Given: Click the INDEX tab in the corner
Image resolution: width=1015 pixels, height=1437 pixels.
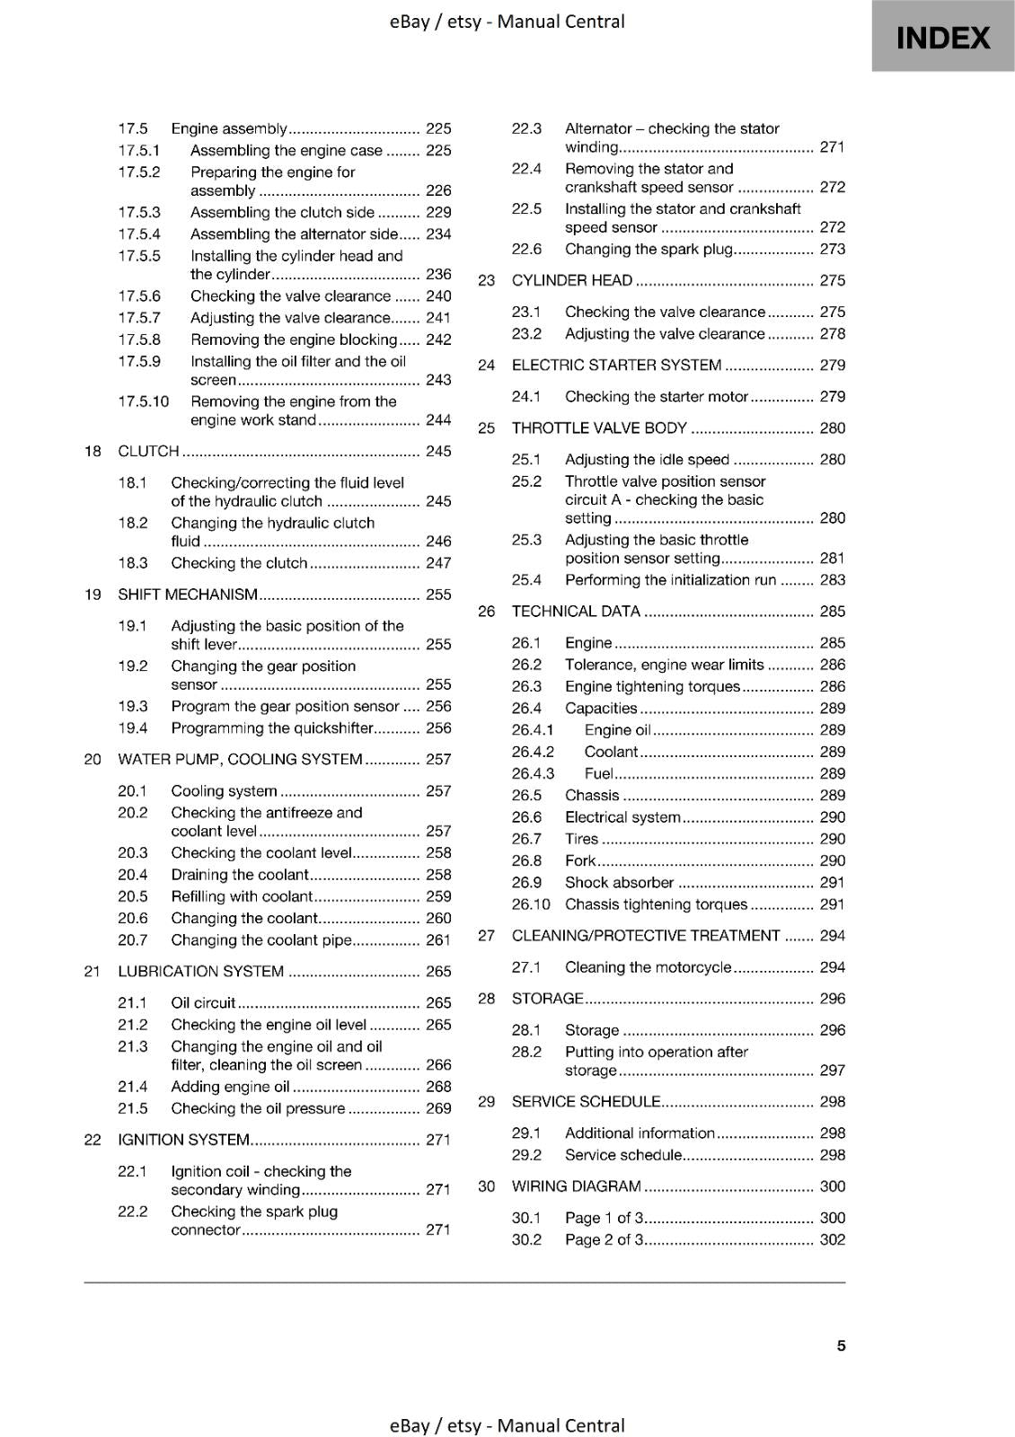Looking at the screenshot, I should pos(943,38).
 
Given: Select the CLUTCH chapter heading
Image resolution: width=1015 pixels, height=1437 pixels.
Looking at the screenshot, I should pos(149,451).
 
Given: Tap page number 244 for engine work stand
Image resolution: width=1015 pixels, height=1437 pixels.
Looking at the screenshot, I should pos(438,419).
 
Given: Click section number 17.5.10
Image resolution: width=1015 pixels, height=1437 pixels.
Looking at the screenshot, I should pos(144,401).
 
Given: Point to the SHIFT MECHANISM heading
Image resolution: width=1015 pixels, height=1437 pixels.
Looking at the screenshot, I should pos(188,595).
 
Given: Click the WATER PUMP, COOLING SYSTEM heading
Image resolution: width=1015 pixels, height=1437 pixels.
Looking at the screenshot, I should pos(240,760).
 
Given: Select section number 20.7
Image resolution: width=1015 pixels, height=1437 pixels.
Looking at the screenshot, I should pos(133,940).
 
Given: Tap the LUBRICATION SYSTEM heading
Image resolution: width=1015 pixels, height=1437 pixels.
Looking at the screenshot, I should pos(201,972).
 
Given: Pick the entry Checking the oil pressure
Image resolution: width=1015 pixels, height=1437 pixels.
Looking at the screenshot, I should pos(258,1108).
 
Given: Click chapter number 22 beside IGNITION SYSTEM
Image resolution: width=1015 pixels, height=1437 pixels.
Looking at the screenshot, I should pos(93,1140).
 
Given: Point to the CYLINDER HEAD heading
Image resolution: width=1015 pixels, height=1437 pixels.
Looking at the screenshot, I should pos(572,280).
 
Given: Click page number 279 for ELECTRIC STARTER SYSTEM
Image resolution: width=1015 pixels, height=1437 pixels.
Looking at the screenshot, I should pos(833,366).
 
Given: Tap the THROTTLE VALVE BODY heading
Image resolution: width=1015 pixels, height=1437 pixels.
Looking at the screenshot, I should pos(599,428).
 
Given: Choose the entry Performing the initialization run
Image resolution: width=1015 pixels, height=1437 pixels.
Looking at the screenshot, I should pos(670,580).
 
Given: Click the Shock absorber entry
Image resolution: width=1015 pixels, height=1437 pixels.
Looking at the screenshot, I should pos(619,883).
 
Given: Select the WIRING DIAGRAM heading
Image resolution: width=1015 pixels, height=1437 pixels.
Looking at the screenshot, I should pos(576,1186).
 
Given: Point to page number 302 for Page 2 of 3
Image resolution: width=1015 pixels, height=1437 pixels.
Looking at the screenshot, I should pos(833,1239).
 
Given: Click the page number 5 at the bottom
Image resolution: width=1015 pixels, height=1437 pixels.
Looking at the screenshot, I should pos(841,1345).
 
